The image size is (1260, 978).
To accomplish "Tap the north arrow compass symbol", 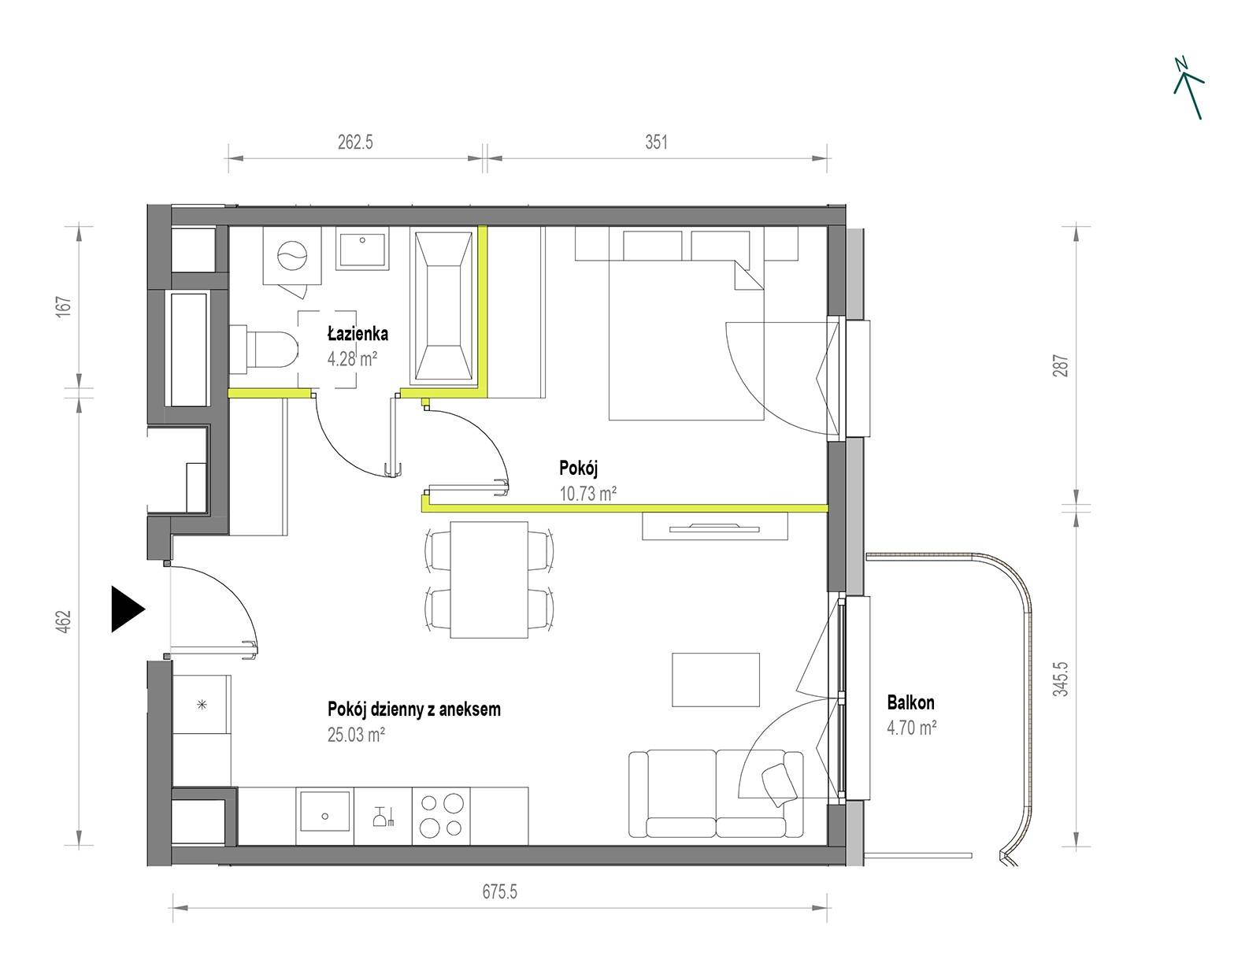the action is pyautogui.click(x=1188, y=88).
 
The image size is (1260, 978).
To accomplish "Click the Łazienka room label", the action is pyautogui.click(x=358, y=334).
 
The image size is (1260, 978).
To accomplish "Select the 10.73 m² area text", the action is pyautogui.click(x=587, y=494).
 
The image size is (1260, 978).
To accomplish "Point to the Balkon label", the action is pyautogui.click(x=910, y=702).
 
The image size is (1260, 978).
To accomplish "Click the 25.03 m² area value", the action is pyautogui.click(x=356, y=735).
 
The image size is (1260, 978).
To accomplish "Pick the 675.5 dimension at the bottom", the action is pyautogui.click(x=499, y=891).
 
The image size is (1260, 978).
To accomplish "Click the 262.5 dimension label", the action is pyautogui.click(x=355, y=142).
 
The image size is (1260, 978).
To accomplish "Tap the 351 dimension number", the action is pyautogui.click(x=657, y=142).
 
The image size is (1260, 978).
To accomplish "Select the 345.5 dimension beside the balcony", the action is pyautogui.click(x=1060, y=679).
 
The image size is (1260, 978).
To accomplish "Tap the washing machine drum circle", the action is pyautogui.click(x=291, y=256).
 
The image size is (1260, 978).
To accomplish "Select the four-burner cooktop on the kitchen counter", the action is pyautogui.click(x=441, y=816).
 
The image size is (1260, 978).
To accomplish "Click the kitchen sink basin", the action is pyautogui.click(x=324, y=816).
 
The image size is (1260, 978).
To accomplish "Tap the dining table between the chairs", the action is pyautogui.click(x=489, y=580).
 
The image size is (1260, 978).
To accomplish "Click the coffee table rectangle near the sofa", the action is pyautogui.click(x=716, y=680).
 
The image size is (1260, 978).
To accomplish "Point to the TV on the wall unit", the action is pyautogui.click(x=713, y=528).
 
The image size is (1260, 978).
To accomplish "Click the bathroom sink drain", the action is pyautogui.click(x=363, y=239).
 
